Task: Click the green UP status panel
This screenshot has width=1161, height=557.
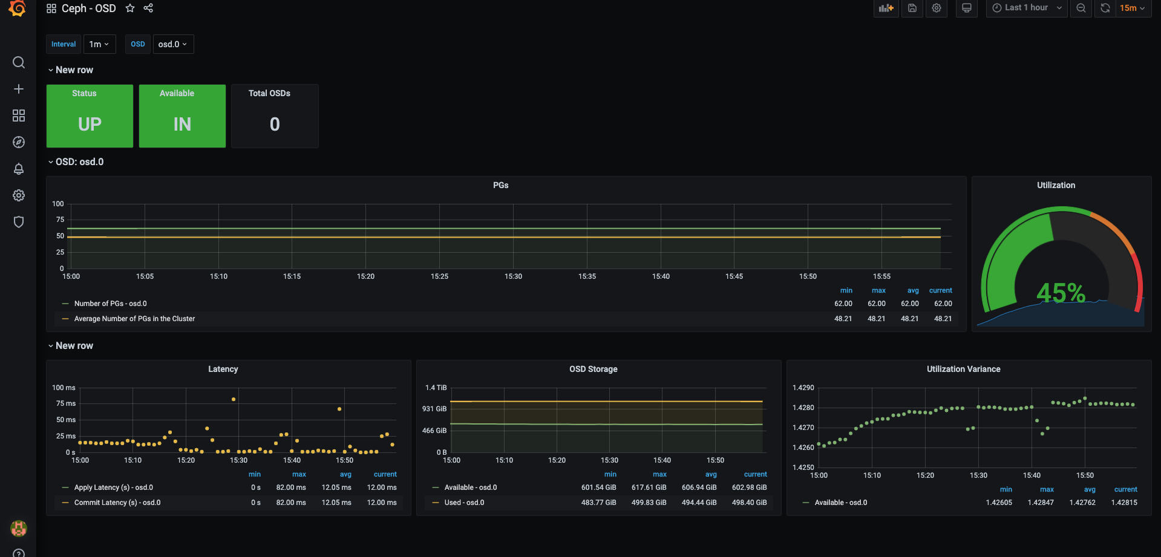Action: (x=90, y=116)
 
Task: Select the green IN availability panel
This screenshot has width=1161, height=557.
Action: (x=182, y=116)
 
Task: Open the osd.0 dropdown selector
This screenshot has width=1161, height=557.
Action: (x=173, y=44)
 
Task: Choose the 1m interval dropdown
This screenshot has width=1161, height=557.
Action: (x=99, y=44)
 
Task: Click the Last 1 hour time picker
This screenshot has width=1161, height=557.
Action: (x=1027, y=8)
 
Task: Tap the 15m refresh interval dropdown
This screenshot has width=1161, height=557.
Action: (x=1132, y=8)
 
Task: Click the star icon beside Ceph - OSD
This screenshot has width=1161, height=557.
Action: (x=130, y=8)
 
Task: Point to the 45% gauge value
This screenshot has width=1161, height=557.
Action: (x=1061, y=293)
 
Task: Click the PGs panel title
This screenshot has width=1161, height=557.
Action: (x=500, y=185)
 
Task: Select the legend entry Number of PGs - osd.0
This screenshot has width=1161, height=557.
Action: (x=110, y=304)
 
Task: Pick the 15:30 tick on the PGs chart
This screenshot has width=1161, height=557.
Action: (x=513, y=276)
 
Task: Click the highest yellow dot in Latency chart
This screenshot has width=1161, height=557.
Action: (x=234, y=399)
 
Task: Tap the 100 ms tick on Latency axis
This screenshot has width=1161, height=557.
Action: (x=64, y=388)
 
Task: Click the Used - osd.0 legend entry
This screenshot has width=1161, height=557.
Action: (x=464, y=503)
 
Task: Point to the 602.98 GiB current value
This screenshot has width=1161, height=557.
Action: (x=749, y=487)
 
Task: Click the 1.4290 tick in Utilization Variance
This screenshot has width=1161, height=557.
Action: (x=803, y=388)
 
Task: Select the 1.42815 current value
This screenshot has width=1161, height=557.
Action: (x=1124, y=503)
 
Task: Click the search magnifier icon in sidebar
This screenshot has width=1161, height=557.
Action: (x=19, y=62)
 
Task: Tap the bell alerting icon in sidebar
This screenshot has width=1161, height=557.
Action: (x=19, y=169)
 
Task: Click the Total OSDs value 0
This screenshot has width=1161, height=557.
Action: (x=275, y=124)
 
